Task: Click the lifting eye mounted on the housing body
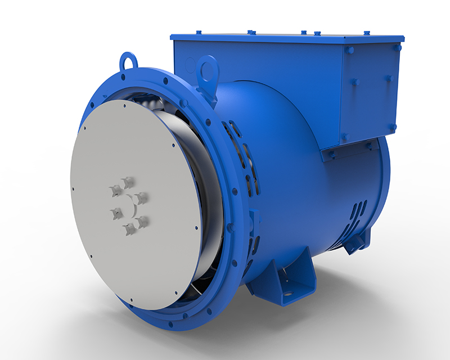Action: (x=209, y=71)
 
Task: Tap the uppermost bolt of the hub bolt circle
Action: (x=128, y=182)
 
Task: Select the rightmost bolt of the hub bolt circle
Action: (x=142, y=198)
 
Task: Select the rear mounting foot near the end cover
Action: (x=356, y=242)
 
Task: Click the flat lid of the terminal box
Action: (x=281, y=38)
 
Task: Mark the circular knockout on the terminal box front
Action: (x=190, y=65)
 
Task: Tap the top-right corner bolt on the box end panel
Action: (x=397, y=48)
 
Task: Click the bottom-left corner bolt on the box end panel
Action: (x=344, y=136)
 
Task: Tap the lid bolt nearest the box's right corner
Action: (x=367, y=33)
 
